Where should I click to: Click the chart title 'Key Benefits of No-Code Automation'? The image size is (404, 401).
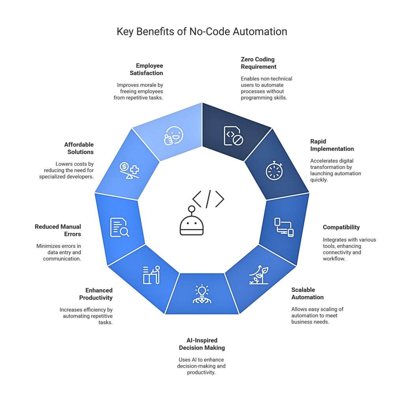[x=202, y=32]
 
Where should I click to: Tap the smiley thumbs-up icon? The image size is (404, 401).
[x=174, y=135]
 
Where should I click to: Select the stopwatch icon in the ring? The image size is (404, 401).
[x=274, y=171]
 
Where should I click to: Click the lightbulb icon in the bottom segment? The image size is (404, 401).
[x=202, y=294]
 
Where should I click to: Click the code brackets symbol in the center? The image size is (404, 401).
[x=208, y=199]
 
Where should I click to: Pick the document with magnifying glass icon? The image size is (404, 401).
[x=120, y=228]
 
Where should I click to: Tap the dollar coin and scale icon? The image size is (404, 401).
[x=129, y=171]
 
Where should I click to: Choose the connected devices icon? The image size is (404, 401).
[x=284, y=227]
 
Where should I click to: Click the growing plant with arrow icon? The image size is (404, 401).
[x=259, y=275]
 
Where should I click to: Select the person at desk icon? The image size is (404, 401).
[x=151, y=275]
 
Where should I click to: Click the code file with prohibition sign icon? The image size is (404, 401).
[x=234, y=136]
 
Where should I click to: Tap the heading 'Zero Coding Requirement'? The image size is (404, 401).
[x=258, y=63]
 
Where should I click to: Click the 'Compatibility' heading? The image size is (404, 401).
[x=341, y=227]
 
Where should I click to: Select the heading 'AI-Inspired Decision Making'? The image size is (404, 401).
[x=202, y=344]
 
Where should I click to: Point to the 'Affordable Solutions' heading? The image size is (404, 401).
[x=79, y=148]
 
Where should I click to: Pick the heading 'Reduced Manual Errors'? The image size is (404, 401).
[x=58, y=230]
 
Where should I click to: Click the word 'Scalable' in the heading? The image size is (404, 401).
[x=303, y=290]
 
